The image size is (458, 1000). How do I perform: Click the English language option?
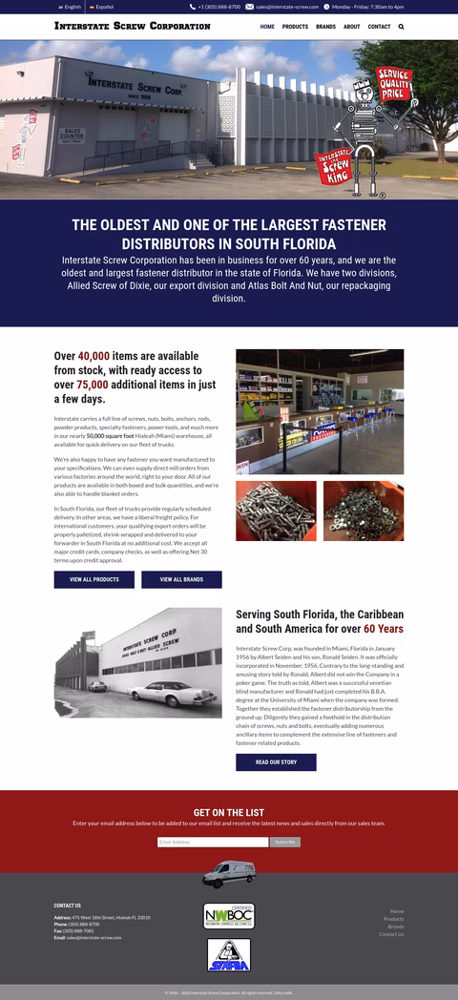[71, 7]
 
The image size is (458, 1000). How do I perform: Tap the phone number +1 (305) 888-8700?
[219, 7]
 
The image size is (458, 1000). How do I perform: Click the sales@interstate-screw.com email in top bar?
[286, 7]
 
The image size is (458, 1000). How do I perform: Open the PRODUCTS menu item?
[295, 27]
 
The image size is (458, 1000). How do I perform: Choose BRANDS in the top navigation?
[325, 27]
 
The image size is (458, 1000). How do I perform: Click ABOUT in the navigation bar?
[351, 27]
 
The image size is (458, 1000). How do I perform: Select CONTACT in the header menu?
[379, 27]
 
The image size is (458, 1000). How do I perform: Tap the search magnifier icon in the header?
[401, 27]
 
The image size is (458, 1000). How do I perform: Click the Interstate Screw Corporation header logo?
[132, 27]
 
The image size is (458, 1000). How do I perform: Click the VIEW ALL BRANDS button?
[181, 579]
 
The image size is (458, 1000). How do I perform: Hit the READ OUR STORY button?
[276, 762]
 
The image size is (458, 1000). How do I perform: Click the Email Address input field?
[213, 842]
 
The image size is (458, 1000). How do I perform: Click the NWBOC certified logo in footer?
[229, 916]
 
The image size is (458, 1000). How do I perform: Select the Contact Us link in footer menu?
[391, 934]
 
